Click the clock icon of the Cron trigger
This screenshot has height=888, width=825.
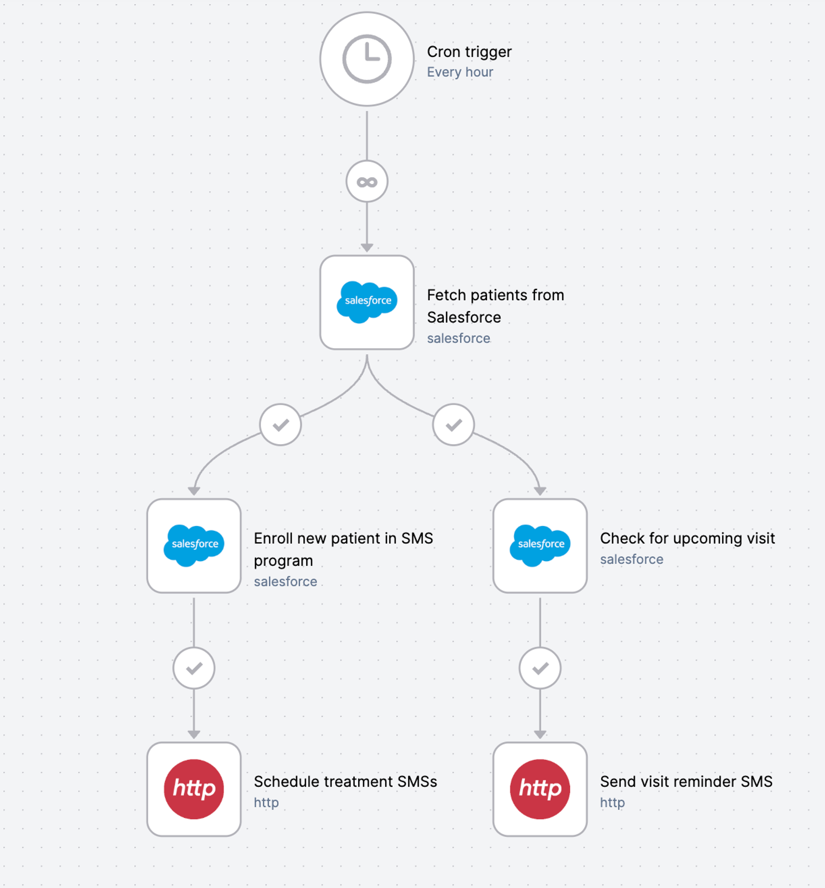click(x=367, y=59)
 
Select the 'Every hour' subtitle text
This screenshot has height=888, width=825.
click(x=460, y=72)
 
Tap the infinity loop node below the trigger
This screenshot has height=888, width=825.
click(x=367, y=182)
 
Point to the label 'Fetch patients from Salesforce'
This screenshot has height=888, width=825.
click(x=495, y=306)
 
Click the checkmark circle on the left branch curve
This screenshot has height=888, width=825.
click(x=280, y=425)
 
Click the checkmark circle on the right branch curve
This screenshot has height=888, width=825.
click(x=453, y=425)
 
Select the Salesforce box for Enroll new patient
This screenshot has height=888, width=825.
click(x=194, y=546)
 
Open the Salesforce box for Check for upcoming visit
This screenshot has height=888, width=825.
click(x=540, y=546)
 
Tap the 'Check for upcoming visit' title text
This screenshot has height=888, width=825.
click(x=687, y=538)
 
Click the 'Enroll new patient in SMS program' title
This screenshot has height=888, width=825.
click(x=343, y=549)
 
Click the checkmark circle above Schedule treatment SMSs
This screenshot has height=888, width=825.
click(x=194, y=668)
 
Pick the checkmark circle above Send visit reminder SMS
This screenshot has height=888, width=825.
click(x=540, y=668)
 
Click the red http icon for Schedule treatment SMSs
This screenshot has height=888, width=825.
click(x=194, y=789)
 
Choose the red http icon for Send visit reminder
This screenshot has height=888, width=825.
click(x=540, y=789)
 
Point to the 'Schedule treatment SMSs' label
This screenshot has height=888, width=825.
click(x=345, y=782)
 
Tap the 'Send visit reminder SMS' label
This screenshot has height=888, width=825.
click(x=686, y=782)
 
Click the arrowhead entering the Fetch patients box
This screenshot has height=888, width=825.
click(x=367, y=247)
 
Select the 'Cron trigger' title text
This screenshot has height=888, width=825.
click(x=469, y=52)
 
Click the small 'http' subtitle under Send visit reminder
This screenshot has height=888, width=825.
click(x=612, y=803)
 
